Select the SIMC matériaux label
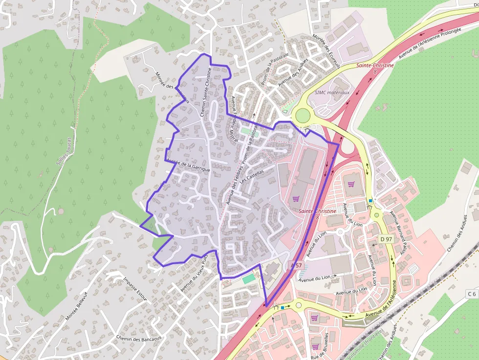pyautogui.click(x=332, y=92)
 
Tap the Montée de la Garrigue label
pyautogui.click(x=188, y=165)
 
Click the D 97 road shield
pyautogui.click(x=386, y=239)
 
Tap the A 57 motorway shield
pyautogui.click(x=297, y=265)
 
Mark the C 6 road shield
pyautogui.click(x=471, y=294)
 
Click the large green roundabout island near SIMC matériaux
pyautogui.click(x=303, y=115)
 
